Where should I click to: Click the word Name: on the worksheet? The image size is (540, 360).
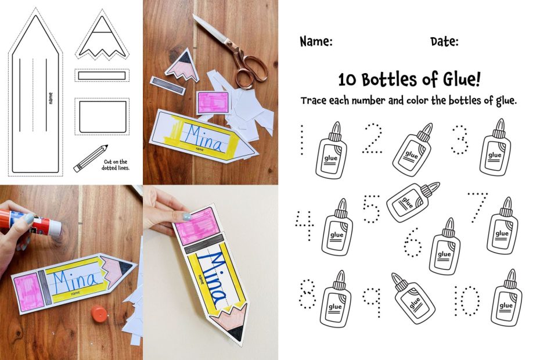(316, 42)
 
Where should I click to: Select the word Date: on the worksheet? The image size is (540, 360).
(444, 42)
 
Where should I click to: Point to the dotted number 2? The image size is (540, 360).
(373, 139)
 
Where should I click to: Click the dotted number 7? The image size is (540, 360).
(478, 207)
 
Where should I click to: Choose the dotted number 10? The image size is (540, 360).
(467, 300)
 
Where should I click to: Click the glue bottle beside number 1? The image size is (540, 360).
(332, 150)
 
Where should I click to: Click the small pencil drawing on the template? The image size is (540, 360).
(91, 158)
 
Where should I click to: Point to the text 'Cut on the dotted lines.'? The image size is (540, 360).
(116, 165)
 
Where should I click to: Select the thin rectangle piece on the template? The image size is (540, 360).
(102, 75)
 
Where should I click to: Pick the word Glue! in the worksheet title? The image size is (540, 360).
(462, 79)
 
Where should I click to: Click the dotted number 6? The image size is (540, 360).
(413, 242)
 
